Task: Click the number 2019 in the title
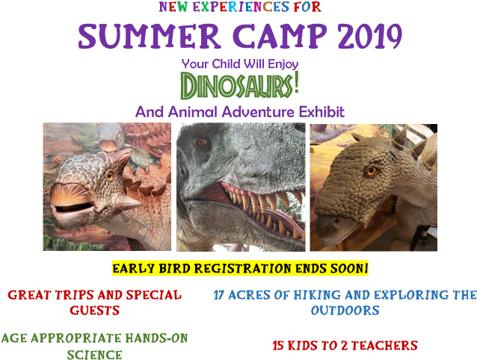click(x=370, y=36)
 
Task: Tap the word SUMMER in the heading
click(x=150, y=36)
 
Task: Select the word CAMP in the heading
click(x=280, y=36)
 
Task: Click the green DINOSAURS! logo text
click(x=240, y=85)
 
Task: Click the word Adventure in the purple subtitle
click(x=258, y=112)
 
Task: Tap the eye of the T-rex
click(x=201, y=142)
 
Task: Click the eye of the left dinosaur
click(x=110, y=176)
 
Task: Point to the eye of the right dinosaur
click(x=371, y=171)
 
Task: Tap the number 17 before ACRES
click(x=219, y=295)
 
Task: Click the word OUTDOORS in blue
click(x=345, y=311)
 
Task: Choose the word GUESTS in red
click(x=95, y=311)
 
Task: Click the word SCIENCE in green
click(x=95, y=355)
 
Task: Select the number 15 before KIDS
click(x=278, y=345)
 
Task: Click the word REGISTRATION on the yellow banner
click(x=243, y=269)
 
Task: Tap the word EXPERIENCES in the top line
click(x=241, y=7)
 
